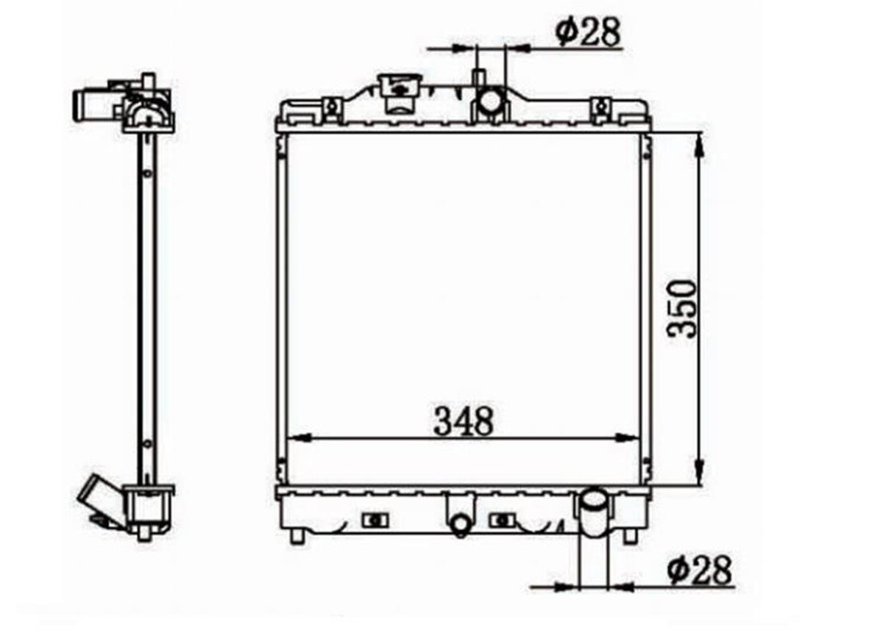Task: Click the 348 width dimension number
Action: pos(463,421)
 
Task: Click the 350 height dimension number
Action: pos(681,309)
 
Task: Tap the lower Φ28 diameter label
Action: pos(699,570)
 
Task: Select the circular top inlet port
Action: pos(490,101)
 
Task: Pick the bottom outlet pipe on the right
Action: pos(595,512)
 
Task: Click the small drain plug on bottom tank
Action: pos(460,524)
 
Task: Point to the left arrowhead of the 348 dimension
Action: pos(300,437)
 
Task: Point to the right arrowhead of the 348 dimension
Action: pos(626,437)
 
